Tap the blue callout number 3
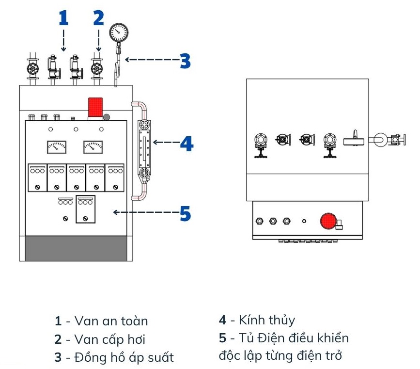pos(185,61)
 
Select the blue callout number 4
pos(187,143)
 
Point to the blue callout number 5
pos(185,213)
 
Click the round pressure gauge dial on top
pos(119,32)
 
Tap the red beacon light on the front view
pos(95,107)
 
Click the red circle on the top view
pos(328,221)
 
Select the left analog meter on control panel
pos(57,146)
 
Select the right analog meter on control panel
pos(93,146)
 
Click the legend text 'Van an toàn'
pos(111,321)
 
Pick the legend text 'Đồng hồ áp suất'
pos(124,358)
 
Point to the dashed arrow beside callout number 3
pos(150,60)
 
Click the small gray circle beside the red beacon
pos(107,116)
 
